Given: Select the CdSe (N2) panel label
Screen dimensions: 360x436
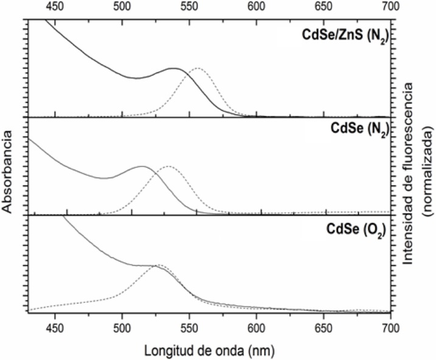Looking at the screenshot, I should pyautogui.click(x=357, y=128).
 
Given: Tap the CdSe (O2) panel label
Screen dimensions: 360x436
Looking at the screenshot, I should pyautogui.click(x=357, y=231).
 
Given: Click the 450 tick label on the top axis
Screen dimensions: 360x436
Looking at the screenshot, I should pyautogui.click(x=55, y=6).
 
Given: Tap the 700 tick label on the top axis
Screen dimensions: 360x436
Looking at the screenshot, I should pyautogui.click(x=390, y=6).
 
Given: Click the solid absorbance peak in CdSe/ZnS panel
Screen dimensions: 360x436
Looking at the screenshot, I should pyautogui.click(x=175, y=68).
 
